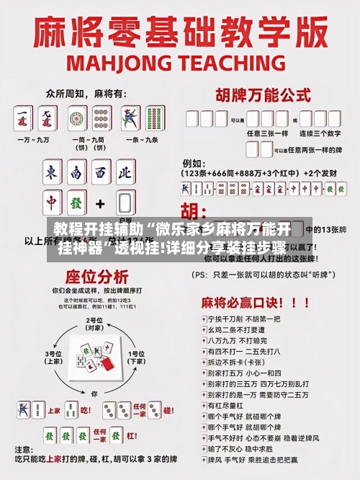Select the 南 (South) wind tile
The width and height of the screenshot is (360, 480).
click(76, 172)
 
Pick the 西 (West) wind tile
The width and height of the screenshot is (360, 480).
click(100, 172)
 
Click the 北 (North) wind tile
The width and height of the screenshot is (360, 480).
click(125, 172)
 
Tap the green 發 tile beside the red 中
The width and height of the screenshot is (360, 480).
click(76, 203)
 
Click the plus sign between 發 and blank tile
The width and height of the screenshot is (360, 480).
click(100, 203)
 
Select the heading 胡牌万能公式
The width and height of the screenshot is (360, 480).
click(261, 94)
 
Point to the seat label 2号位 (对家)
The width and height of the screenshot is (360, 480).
click(93, 322)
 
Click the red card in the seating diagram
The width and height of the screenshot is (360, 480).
click(106, 365)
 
